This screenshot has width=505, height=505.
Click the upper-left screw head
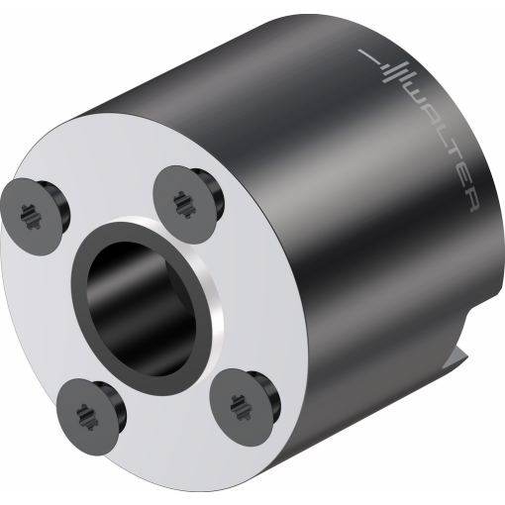pos(32,217)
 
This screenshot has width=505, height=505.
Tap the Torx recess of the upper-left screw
pos(32,217)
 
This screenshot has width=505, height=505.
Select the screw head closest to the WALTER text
pos(185,205)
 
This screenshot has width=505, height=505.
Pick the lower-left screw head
pos(88,417)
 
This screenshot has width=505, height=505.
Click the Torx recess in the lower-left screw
pos(88,417)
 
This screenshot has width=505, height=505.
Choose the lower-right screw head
pos(243,407)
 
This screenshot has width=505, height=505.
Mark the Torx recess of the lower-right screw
pos(243,407)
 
